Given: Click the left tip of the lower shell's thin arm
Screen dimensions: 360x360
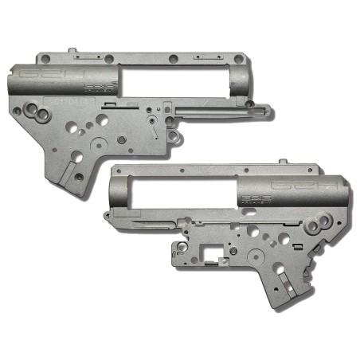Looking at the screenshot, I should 104,217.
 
